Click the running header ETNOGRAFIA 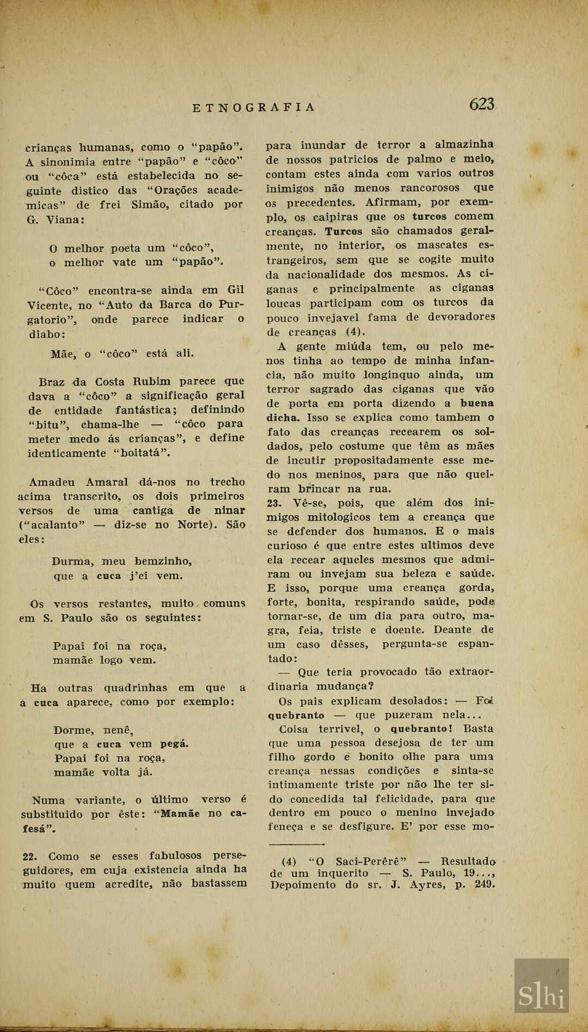pos(254,107)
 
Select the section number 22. pos(33,856)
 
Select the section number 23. pos(275,503)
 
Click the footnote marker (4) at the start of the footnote pos(289,862)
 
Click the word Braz pos(51,381)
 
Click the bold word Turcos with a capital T pos(344,231)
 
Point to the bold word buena pos(476,404)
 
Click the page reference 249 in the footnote pos(485,884)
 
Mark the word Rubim pos(155,381)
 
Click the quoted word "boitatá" pos(143,453)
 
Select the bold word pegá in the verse pos(174,744)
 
